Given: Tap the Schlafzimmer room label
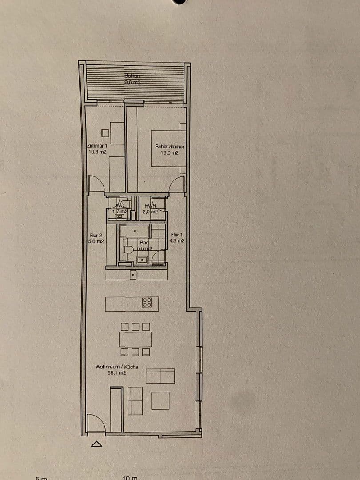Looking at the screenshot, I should (x=170, y=147).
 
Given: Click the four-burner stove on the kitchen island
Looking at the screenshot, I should (x=147, y=303).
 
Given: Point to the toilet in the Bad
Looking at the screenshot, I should (x=129, y=250).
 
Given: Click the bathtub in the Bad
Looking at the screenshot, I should (x=135, y=231).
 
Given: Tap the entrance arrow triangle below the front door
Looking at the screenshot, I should (x=96, y=444).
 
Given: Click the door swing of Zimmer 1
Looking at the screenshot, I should (x=97, y=184).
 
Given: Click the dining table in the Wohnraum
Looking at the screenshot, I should (x=135, y=340).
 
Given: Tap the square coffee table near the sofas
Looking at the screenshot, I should (x=160, y=400).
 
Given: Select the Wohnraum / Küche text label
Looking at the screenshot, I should (x=117, y=367).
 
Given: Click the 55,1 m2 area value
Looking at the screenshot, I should (x=117, y=374).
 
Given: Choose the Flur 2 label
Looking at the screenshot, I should (x=96, y=236).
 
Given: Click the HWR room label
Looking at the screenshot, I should (x=150, y=206).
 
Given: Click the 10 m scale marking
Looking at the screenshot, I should (x=130, y=478).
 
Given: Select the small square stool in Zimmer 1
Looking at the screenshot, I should (x=105, y=133).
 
